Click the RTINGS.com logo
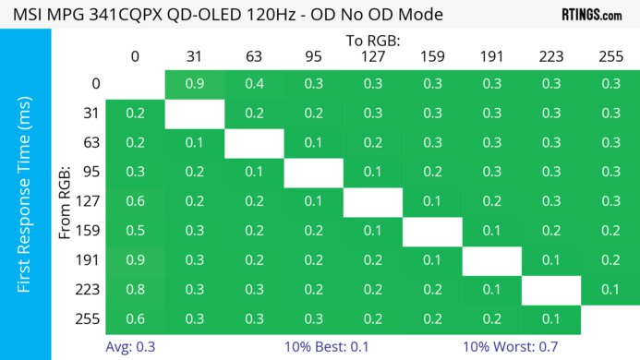pos(591,15)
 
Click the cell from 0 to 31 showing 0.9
pos(194,84)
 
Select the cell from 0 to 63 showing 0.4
pos(253,84)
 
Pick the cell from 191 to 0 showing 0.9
pos(135,261)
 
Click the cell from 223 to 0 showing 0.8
pos(135,291)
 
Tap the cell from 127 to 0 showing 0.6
pos(135,202)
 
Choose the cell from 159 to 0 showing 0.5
pos(135,232)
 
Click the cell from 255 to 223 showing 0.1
pos(550,319)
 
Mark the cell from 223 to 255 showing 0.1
pos(610,291)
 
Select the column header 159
pos(431,57)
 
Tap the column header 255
pos(610,57)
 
